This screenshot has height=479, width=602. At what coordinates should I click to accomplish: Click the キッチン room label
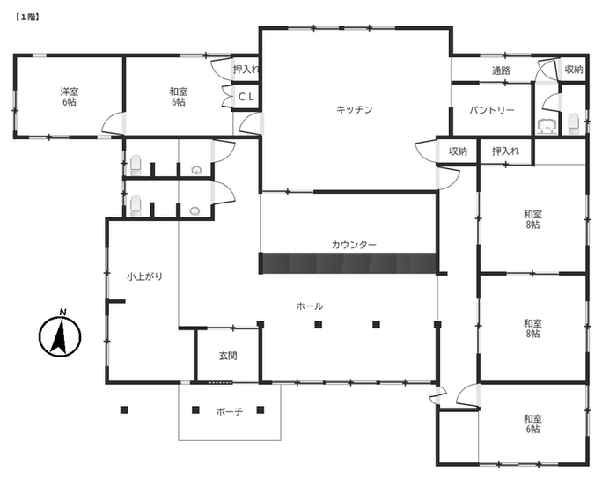tap(355, 110)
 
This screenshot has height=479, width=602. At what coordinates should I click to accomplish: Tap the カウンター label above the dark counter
tap(354, 245)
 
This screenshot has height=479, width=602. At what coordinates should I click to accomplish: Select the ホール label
tap(310, 306)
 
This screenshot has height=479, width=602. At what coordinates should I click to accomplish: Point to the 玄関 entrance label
tap(228, 356)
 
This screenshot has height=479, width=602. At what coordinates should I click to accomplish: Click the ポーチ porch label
tap(229, 412)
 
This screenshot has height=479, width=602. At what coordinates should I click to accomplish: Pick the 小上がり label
tap(144, 276)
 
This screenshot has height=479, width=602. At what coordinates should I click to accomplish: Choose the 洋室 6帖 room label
tap(70, 97)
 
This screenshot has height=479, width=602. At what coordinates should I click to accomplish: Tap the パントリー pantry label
tap(492, 111)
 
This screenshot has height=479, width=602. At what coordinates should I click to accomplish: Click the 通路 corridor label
tap(501, 70)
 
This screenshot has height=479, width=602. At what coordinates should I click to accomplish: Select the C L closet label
tap(246, 97)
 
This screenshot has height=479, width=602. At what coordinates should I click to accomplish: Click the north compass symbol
tap(60, 334)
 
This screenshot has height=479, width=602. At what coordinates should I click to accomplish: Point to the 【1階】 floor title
tap(27, 18)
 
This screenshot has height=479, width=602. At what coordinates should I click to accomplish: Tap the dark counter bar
tap(349, 263)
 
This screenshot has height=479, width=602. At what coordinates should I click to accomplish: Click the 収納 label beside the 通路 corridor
tap(574, 70)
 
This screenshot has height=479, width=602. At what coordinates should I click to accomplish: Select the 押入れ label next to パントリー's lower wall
tap(506, 151)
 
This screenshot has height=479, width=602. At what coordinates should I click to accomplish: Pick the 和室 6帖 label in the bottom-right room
tap(532, 424)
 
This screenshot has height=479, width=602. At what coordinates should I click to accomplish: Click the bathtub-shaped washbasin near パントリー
tap(547, 124)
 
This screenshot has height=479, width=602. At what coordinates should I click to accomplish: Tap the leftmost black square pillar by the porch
tap(124, 409)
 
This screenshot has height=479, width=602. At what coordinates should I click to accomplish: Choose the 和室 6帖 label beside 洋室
tap(179, 97)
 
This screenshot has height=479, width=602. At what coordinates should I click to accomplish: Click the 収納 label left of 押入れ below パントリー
tap(458, 151)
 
